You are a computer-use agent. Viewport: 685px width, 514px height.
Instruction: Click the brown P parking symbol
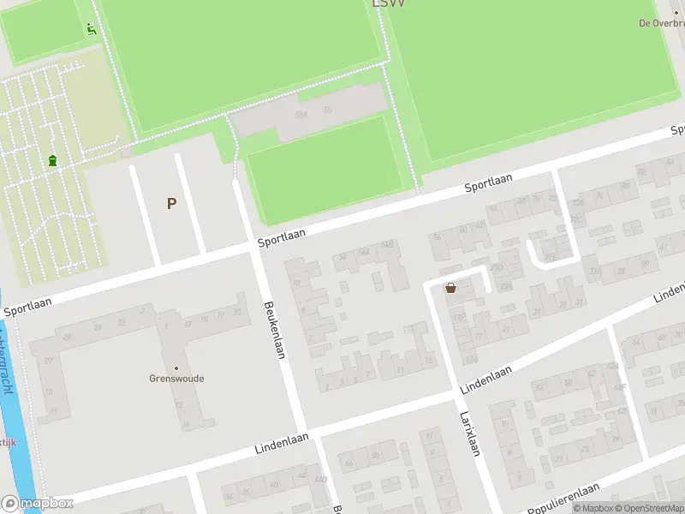coord(171,203)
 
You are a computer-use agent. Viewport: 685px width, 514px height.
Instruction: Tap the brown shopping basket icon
coord(450,288)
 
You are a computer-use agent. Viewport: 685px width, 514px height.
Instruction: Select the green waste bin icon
coord(53,160)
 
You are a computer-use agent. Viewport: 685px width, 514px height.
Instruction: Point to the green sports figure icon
coord(92,29)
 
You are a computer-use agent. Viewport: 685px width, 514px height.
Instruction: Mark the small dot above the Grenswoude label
coord(176,368)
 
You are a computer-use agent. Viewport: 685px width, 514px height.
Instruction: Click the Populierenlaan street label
coord(564,499)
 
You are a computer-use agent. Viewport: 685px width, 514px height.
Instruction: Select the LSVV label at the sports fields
coord(389,4)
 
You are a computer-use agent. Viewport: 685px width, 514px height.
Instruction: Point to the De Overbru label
coord(661,23)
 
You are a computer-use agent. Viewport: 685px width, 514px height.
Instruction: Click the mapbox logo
coord(37,503)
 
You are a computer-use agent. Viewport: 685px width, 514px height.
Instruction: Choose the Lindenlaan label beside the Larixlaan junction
coord(485,380)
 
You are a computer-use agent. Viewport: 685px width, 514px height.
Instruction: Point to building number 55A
coord(301,114)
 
